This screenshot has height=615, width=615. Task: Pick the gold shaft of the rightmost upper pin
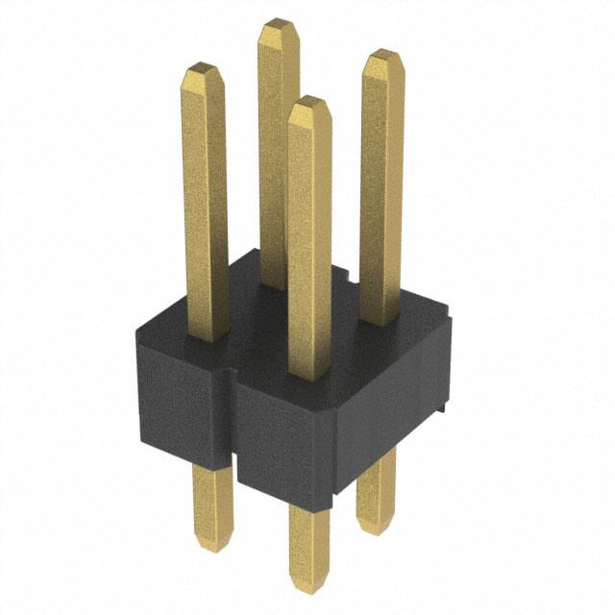coord(382,192)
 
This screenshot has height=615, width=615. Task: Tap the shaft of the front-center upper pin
coord(309,240)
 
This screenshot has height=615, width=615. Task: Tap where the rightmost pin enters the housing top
coord(381,323)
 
